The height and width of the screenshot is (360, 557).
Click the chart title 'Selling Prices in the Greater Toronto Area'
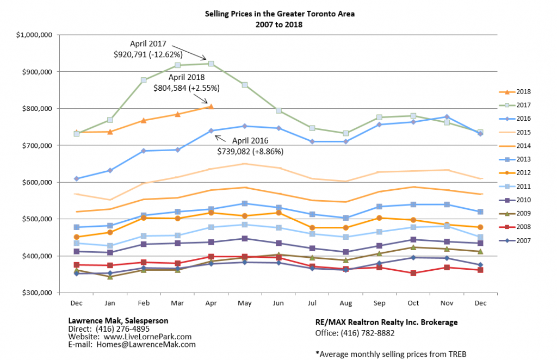(x=279, y=14)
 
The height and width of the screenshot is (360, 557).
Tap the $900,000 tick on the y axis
(x=34, y=72)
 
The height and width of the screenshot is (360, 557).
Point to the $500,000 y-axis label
(x=34, y=219)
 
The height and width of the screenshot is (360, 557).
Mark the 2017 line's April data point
(x=211, y=64)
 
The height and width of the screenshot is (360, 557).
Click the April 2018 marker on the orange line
(x=211, y=107)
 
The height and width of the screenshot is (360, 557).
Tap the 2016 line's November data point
(x=447, y=117)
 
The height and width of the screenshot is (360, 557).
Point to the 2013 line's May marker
(x=244, y=203)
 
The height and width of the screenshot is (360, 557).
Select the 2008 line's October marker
(x=413, y=273)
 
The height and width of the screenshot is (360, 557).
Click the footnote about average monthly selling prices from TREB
(x=391, y=353)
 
